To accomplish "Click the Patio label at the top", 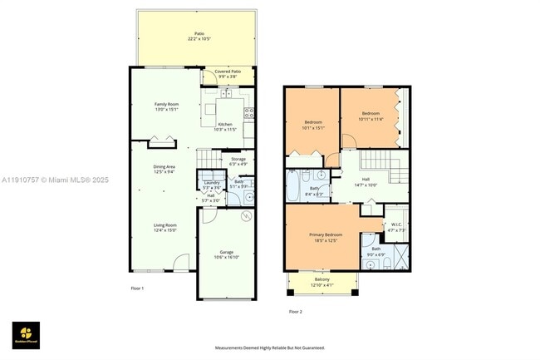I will pos(199,36).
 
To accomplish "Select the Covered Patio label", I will pos(228,73).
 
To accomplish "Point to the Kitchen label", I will pos(225,126).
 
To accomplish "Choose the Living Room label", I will pos(164,227).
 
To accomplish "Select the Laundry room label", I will pos(211,185).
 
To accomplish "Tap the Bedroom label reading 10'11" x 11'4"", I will pos(370,116).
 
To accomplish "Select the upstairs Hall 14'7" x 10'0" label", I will pos(366,181).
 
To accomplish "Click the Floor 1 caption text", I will pos(137,288).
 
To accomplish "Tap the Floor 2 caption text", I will pos(295,312).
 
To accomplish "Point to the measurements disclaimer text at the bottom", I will pos(270,348).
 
